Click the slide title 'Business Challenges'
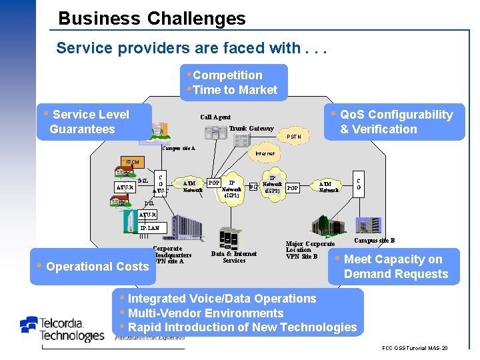tap(152, 18)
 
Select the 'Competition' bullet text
tap(227, 75)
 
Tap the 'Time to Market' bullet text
tap(234, 90)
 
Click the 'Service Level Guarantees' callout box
tap(90, 122)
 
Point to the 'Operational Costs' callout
tap(93, 267)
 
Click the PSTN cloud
tap(293, 137)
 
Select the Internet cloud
tap(265, 153)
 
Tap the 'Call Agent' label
tap(215, 117)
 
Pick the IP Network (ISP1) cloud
tap(231, 188)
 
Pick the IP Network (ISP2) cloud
tap(272, 185)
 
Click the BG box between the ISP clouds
tap(253, 187)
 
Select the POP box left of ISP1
tap(213, 183)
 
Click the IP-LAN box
tap(149, 228)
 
